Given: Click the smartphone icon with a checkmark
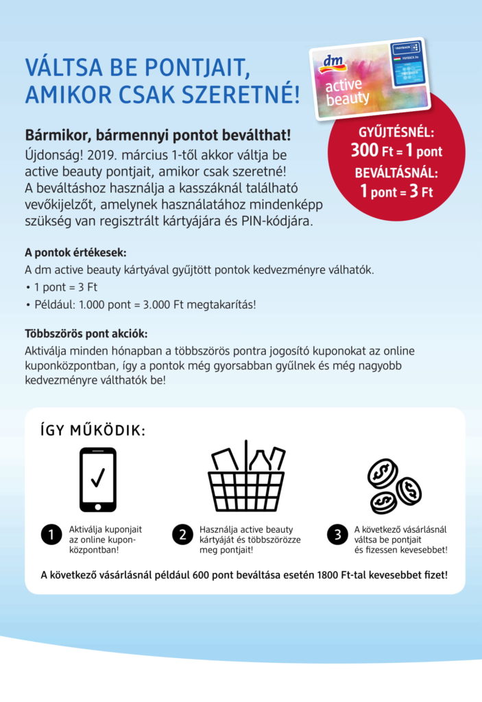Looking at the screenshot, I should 98,479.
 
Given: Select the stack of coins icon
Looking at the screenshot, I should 394,485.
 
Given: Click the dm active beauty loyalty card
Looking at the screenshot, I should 370,79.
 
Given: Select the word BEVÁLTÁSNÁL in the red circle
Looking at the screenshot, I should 396,172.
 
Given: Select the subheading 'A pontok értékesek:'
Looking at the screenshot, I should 75,252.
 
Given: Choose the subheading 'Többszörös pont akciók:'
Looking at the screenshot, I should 86,334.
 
